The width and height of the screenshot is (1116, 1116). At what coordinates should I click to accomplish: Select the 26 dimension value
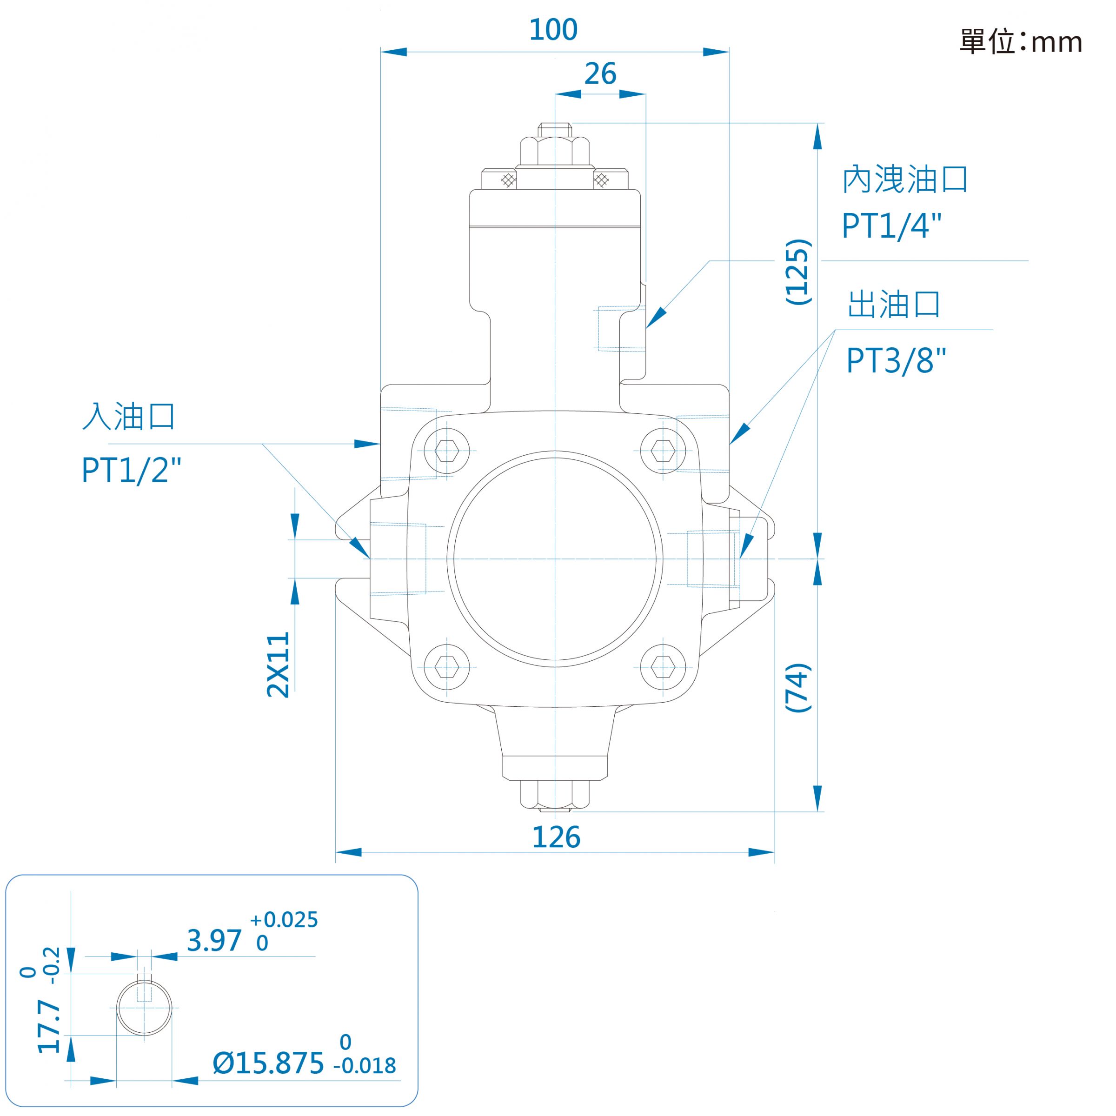pyautogui.click(x=600, y=74)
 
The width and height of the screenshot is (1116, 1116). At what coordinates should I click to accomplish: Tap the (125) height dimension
pyautogui.click(x=798, y=272)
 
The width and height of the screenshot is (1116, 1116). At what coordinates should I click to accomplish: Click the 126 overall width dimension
pyautogui.click(x=556, y=837)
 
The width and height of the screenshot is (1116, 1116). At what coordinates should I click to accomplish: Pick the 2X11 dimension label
pyautogui.click(x=278, y=665)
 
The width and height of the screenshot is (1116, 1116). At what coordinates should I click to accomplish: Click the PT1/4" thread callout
pyautogui.click(x=892, y=226)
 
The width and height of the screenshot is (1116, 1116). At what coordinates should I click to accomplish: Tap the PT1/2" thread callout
pyautogui.click(x=131, y=470)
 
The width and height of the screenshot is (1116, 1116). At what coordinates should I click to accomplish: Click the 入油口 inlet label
pyautogui.click(x=129, y=417)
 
